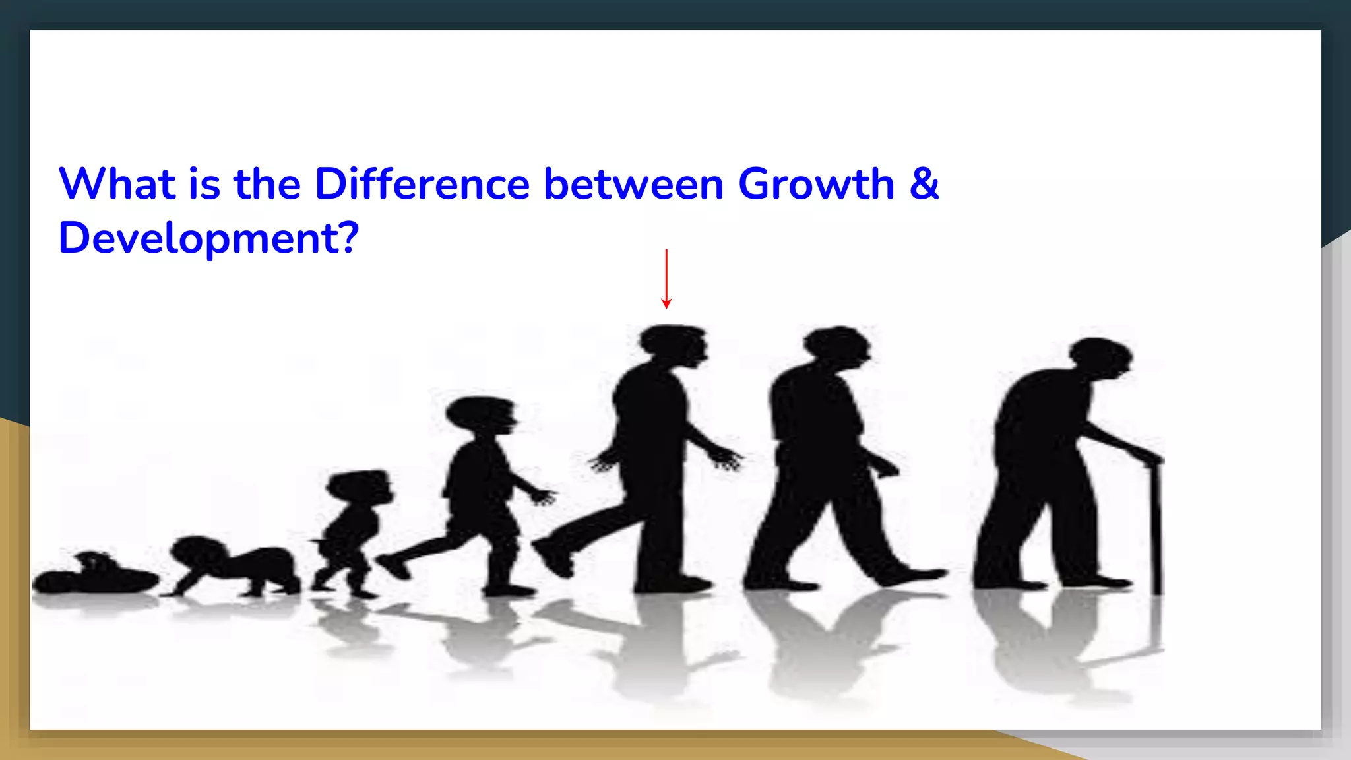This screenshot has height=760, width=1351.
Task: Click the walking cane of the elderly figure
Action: tap(1156, 528)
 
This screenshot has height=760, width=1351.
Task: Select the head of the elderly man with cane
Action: tap(1100, 358)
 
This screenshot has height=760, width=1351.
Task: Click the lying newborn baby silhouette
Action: tap(96, 576)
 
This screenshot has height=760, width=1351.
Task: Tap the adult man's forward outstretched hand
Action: tap(726, 457)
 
